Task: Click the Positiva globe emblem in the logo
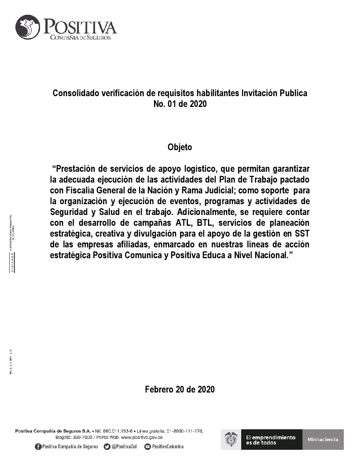(28, 27)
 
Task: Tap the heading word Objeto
(180, 147)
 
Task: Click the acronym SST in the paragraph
(301, 234)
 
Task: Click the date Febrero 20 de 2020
(180, 389)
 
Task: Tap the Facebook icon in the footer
(38, 447)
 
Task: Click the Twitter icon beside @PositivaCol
(107, 447)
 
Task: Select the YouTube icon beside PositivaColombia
(147, 447)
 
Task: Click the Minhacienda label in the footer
(323, 439)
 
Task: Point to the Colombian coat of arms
(231, 439)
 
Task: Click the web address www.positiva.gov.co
(141, 437)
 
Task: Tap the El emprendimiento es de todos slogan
(271, 440)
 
